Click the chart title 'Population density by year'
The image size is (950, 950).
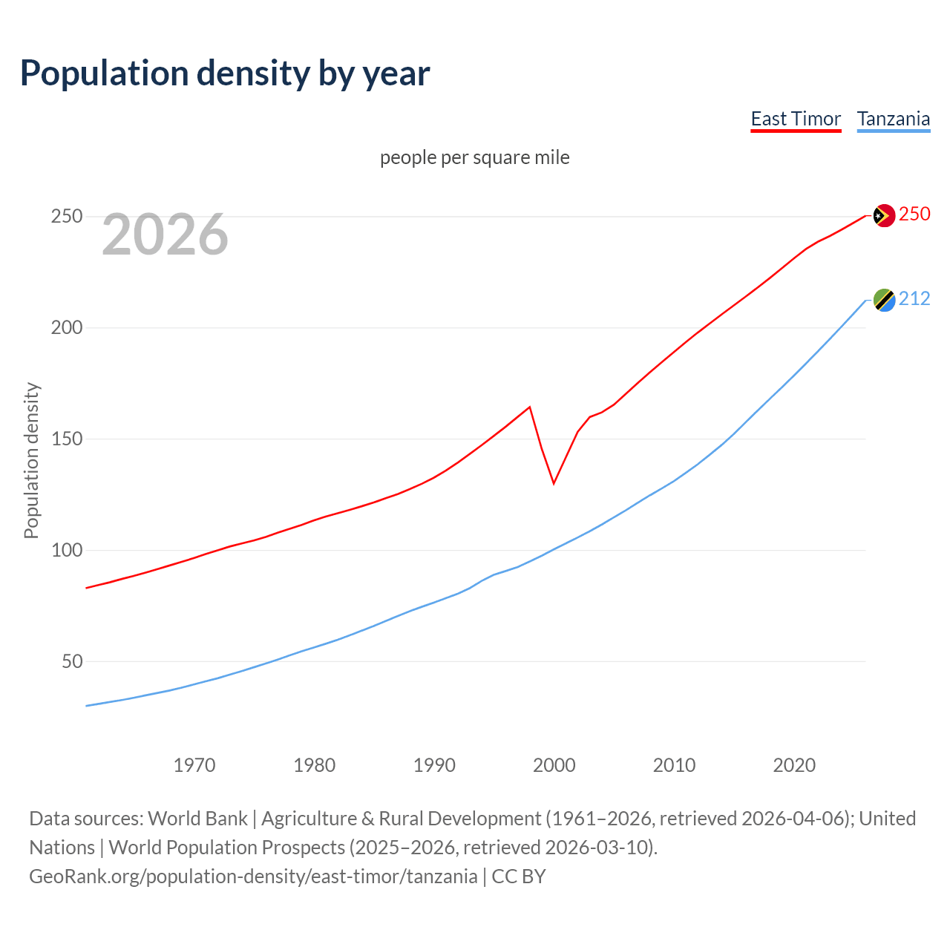225,73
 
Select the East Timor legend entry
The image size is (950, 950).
796,119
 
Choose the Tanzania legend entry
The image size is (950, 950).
893,119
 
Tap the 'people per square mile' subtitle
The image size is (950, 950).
475,157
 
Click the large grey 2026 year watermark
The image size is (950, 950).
165,235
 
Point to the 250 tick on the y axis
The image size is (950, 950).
66,217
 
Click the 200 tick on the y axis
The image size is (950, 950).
66,328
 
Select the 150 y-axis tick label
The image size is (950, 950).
66,439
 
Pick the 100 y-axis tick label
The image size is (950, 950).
66,551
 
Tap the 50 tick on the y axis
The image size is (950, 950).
72,661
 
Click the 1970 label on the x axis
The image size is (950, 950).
194,765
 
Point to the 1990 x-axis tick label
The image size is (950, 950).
434,765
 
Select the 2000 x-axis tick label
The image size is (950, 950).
554,765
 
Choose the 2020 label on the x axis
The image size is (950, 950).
794,765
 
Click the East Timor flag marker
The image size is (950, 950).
883,215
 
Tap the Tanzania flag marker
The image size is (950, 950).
883,300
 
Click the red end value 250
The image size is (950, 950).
914,214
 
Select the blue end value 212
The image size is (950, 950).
914,299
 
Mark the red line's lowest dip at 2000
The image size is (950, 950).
554,483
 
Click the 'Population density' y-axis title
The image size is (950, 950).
31,460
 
